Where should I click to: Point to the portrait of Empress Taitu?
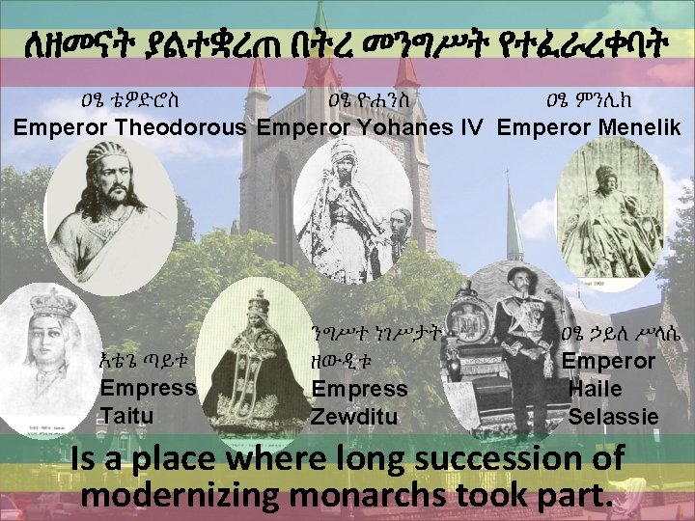(48, 357)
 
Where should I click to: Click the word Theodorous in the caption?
(180, 127)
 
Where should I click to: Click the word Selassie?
(614, 417)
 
